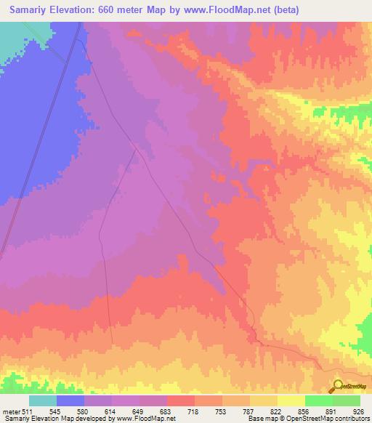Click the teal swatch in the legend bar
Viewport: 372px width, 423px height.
point(43,400)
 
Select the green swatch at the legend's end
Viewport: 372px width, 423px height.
point(347,400)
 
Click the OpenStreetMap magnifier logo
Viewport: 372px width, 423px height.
point(338,385)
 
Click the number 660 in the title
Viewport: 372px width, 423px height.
point(103,9)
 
